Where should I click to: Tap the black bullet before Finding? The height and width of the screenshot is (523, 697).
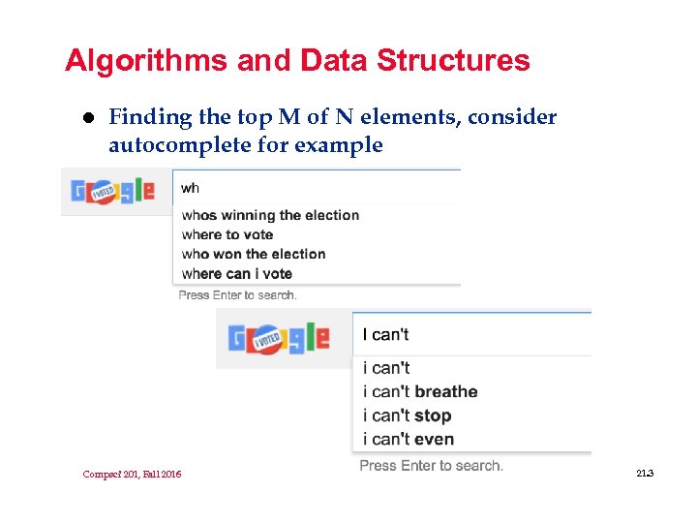(x=87, y=118)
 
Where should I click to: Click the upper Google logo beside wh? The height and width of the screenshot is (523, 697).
(x=112, y=191)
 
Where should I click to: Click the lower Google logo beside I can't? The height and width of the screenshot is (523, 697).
(x=279, y=338)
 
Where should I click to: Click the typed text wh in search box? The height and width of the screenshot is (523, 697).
(x=191, y=188)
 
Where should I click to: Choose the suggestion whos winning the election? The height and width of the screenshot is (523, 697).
(x=270, y=215)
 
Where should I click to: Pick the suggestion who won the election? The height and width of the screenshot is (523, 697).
(x=254, y=254)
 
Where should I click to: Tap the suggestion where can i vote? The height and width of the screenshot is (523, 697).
(x=236, y=273)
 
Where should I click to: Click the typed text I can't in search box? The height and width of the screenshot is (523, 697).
(x=385, y=335)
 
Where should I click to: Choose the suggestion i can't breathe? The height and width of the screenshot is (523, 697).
(x=420, y=391)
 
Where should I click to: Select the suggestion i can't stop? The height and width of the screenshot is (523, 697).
(x=407, y=415)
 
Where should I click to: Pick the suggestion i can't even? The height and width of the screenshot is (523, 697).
(x=408, y=439)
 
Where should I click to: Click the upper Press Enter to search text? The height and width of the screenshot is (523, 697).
(x=237, y=294)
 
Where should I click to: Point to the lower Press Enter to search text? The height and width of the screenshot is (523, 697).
(x=431, y=466)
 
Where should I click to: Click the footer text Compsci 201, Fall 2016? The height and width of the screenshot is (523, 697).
(x=132, y=474)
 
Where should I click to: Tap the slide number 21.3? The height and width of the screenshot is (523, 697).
(x=645, y=473)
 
